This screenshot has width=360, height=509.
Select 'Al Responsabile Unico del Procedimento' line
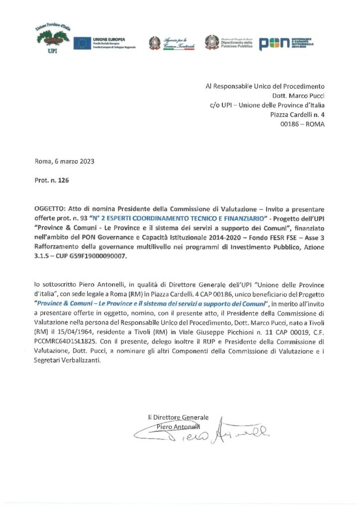click(x=265, y=86)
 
